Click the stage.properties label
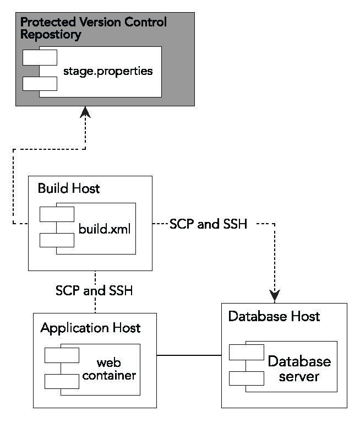(x=107, y=72)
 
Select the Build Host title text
(x=69, y=188)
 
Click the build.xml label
(x=105, y=229)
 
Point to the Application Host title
(x=90, y=328)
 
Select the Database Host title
(x=274, y=316)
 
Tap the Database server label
(x=299, y=369)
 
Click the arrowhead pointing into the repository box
(x=85, y=112)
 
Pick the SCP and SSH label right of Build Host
(x=208, y=224)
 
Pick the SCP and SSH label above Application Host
(x=94, y=290)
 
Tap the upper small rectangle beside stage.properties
(x=40, y=57)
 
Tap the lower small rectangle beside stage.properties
(x=40, y=84)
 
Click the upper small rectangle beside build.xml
(x=57, y=214)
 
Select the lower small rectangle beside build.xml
(x=57, y=240)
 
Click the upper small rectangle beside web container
(x=62, y=354)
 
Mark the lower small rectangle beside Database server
(x=247, y=378)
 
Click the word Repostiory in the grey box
(x=51, y=35)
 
